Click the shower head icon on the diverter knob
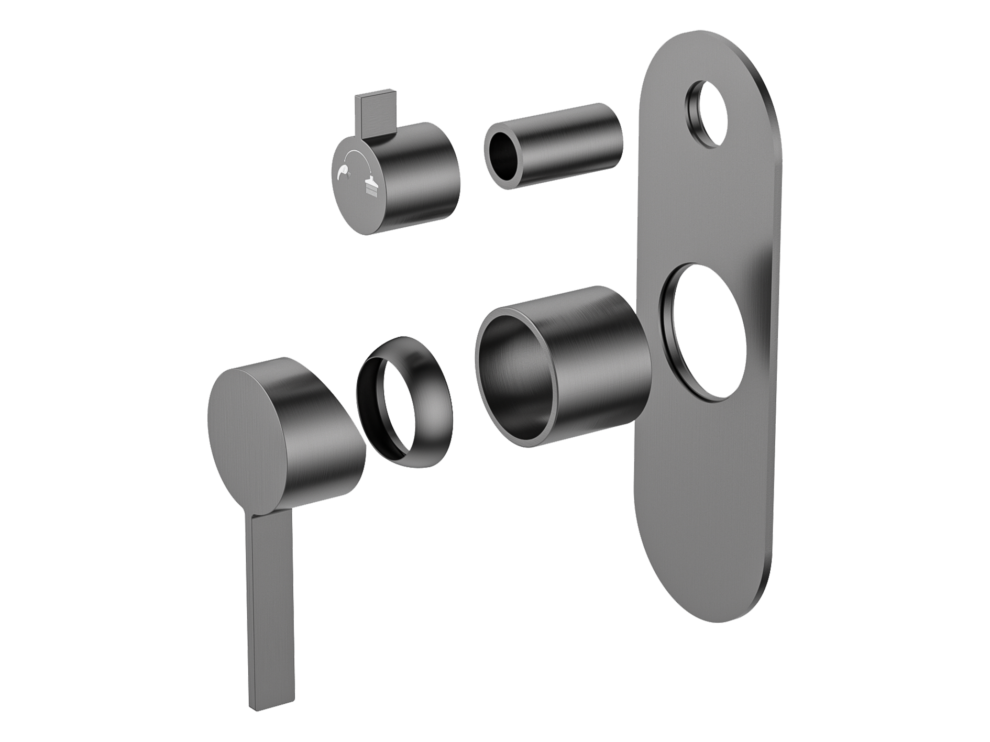tap(371, 187)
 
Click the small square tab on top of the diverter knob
tap(373, 113)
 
